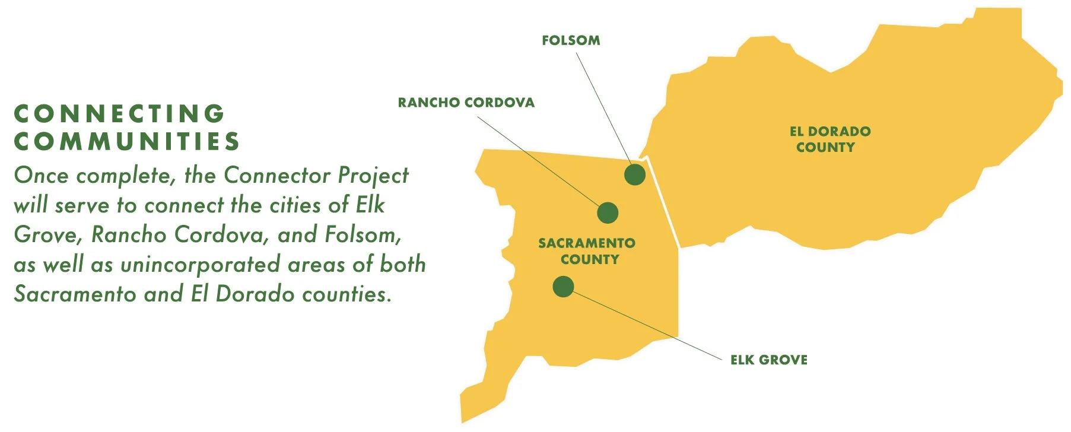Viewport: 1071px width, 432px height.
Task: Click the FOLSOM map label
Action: (x=571, y=40)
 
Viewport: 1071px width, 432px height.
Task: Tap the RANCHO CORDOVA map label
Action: (x=466, y=103)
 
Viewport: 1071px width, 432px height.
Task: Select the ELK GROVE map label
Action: (x=768, y=360)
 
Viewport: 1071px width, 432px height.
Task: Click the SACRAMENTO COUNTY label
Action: (x=587, y=251)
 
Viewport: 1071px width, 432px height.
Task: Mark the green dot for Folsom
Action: (x=634, y=175)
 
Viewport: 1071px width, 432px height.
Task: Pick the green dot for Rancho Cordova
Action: (x=608, y=212)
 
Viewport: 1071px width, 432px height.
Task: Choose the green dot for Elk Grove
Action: (x=563, y=287)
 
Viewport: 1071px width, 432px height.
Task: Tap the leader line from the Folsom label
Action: (x=605, y=107)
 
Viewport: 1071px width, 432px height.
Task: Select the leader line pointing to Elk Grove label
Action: (x=647, y=324)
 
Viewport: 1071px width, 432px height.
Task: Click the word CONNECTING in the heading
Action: (x=119, y=113)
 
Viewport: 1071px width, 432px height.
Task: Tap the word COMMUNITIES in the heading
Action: (x=126, y=141)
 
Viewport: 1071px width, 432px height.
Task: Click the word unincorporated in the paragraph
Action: (x=200, y=265)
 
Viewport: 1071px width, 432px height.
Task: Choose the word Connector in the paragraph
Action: (x=277, y=176)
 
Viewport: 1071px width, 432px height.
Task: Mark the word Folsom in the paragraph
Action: (x=362, y=235)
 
